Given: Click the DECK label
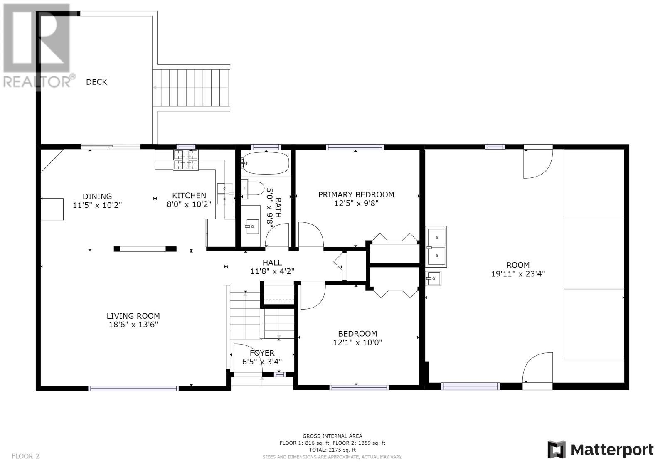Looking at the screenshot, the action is pos(96,82).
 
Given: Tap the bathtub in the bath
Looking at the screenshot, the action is pos(266,163).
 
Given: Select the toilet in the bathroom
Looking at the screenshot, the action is pos(253,189).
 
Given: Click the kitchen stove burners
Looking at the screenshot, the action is pos(186,160).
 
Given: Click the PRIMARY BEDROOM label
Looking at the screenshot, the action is pos(356,195).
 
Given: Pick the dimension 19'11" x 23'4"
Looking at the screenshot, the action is pos(518,274).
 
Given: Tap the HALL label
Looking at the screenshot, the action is pos(272,263).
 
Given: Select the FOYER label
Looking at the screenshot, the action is pos(262,353).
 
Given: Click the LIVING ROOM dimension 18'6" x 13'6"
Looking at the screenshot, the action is pos(133,325).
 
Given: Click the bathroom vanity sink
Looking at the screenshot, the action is pos(252,227).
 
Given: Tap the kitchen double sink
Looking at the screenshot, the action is pos(225,194).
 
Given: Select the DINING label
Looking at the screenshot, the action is pos(97,196).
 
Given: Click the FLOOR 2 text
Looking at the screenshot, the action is pos(25,456).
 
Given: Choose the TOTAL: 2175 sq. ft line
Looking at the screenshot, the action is pos(332,450).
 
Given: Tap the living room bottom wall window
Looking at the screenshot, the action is pos(133,388).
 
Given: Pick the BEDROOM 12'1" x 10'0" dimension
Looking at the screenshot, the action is pos(357,342).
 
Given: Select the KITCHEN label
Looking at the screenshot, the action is pos(189,196).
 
